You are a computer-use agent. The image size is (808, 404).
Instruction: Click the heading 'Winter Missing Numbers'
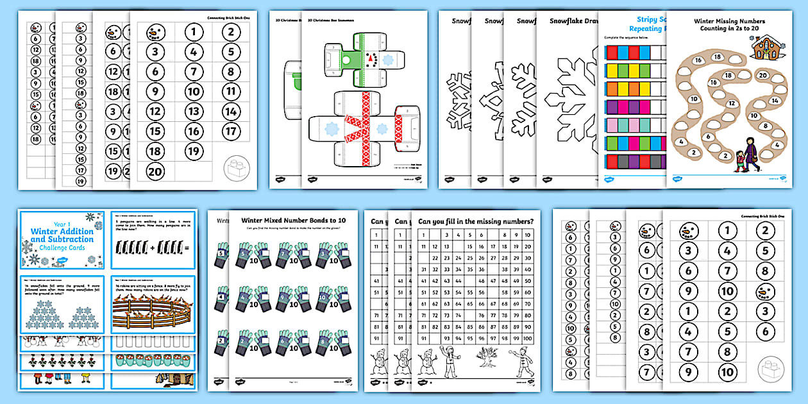[729, 21]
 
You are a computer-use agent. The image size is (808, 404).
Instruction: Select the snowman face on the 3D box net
[371, 59]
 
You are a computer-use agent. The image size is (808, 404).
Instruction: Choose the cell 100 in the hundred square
[526, 339]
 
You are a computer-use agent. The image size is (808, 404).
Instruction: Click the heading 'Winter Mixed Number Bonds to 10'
[292, 221]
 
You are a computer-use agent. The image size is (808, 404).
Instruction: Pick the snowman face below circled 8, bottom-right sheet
[766, 291]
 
